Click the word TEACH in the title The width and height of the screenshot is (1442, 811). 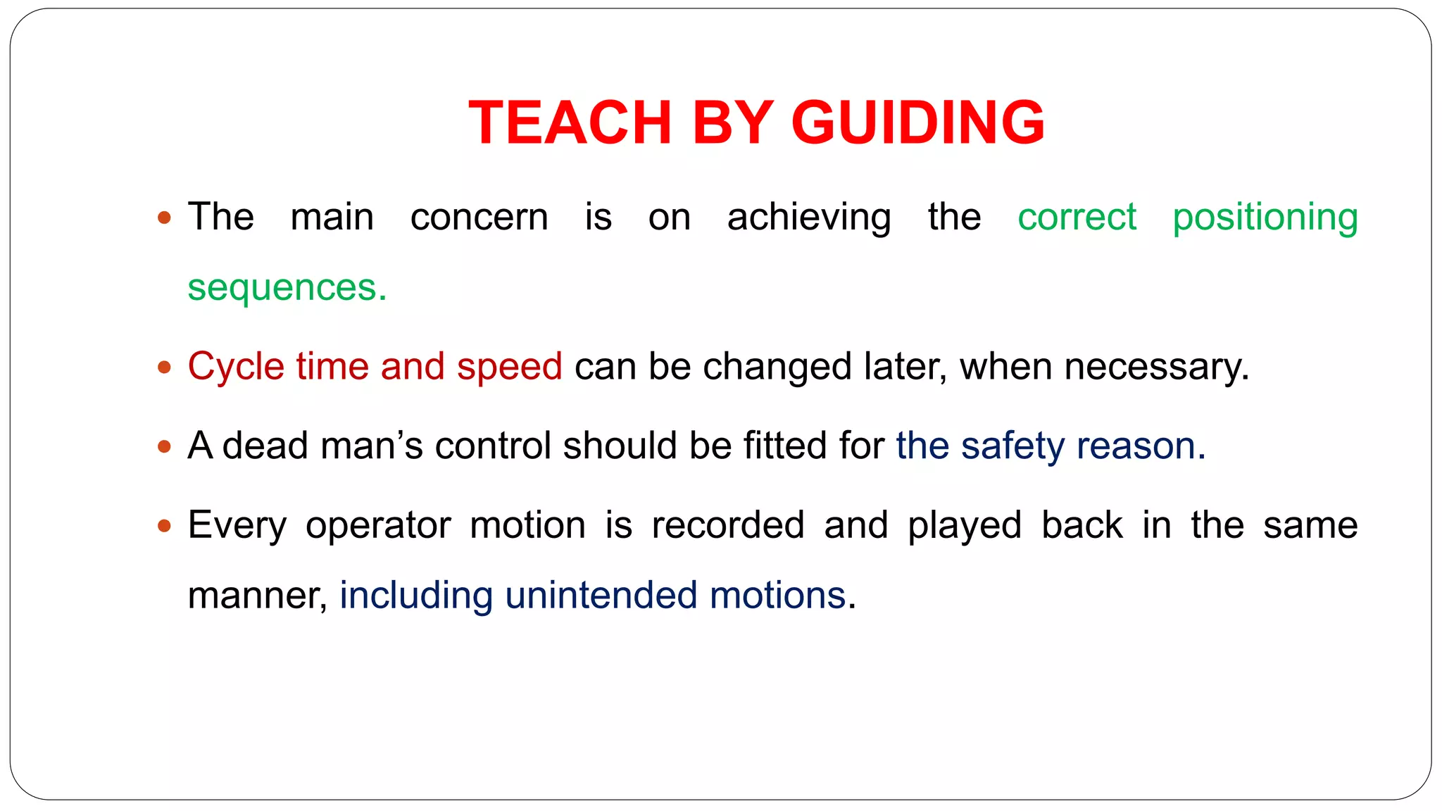pyautogui.click(x=570, y=122)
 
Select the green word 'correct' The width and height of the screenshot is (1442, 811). pyautogui.click(x=1077, y=217)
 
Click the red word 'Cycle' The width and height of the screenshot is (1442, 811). pyautogui.click(x=236, y=367)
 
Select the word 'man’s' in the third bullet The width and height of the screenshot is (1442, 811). pyautogui.click(x=371, y=446)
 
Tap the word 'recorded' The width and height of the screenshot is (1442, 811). pyautogui.click(x=728, y=525)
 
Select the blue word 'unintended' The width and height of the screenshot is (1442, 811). pyautogui.click(x=601, y=596)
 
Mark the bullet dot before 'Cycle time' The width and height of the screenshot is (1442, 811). pyautogui.click(x=165, y=367)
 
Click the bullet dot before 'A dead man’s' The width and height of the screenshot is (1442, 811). pyautogui.click(x=165, y=446)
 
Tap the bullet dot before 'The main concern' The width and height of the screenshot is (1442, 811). pyautogui.click(x=165, y=218)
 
